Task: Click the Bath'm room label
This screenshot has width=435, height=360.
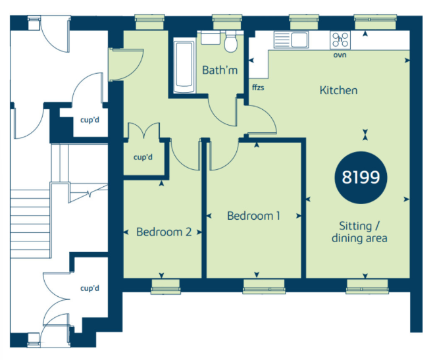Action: pos(220,70)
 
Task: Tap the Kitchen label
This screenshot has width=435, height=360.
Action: pos(338,90)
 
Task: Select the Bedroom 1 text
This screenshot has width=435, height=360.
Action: pos(253,216)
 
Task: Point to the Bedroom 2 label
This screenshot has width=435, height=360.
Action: pos(164,232)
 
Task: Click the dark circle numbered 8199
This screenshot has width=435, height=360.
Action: pos(361,178)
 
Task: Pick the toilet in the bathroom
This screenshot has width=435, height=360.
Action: pos(230,41)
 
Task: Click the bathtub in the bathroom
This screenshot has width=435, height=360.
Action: pos(184,67)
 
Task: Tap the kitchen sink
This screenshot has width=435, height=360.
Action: pos(291,39)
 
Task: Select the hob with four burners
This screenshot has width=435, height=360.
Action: pos(340,40)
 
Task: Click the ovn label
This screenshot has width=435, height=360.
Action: pos(340,55)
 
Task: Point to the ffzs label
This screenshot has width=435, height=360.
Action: pos(258,88)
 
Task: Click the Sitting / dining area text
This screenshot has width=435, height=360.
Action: pos(359,232)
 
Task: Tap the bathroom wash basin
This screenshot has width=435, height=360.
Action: pos(211,38)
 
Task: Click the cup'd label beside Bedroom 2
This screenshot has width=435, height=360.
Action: pos(143,157)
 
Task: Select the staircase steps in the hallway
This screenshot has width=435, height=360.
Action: pos(30,224)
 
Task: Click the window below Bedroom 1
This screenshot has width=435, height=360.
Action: pos(264,286)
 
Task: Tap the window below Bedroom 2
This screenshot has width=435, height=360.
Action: pos(166,286)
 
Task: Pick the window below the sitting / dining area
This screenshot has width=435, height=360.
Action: pos(367,286)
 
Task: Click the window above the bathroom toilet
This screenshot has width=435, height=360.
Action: pos(228,22)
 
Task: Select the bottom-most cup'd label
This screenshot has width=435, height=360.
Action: pos(90,288)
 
